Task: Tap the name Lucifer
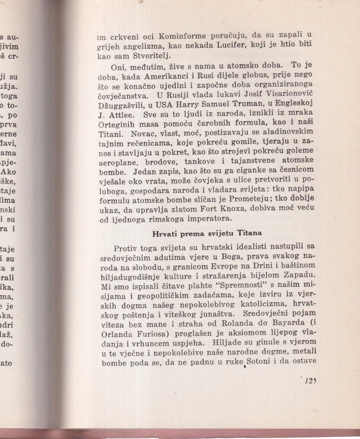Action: click(220, 46)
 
